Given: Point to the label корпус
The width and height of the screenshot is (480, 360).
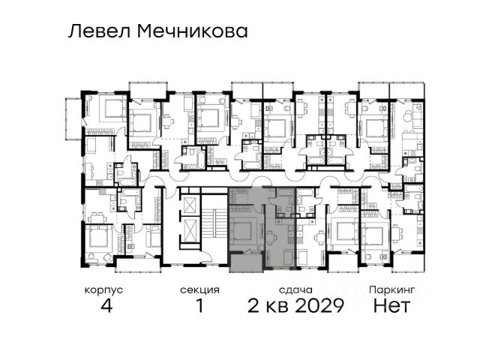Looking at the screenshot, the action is point(103,290).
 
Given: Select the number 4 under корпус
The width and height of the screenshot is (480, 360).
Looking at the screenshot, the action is point(106,305).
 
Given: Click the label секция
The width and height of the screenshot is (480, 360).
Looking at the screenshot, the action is point(200,290).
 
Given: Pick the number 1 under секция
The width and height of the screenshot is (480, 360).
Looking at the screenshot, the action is point(200,305).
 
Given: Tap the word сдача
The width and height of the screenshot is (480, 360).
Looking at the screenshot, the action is point(295,290).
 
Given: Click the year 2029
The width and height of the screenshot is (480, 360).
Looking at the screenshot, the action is point(319,305).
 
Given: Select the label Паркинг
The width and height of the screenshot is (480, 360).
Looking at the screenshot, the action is point(391,289).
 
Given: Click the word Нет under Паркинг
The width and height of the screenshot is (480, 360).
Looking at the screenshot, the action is point(391,305).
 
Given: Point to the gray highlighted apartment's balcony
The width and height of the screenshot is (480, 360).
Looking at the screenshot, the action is point(246,262).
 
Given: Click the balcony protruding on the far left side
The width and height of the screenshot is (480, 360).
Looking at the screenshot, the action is point(73,118).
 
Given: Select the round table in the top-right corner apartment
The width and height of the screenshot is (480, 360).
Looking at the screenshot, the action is point(408,116).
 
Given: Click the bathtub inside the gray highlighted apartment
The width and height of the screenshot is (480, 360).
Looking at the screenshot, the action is point(285,192).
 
